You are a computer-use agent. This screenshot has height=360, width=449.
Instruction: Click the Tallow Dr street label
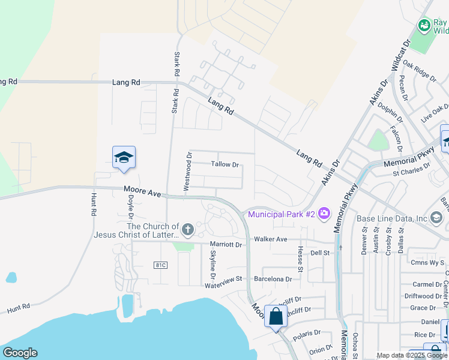pyautogui.click(x=225, y=164)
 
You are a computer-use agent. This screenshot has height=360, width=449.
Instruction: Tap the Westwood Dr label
pyautogui.click(x=188, y=172)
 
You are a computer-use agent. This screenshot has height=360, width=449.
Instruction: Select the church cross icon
pyautogui.click(x=188, y=229)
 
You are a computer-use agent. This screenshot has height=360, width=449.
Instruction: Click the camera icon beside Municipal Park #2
pyautogui.click(x=325, y=213)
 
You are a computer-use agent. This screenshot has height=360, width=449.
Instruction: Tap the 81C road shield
pyautogui.click(x=160, y=265)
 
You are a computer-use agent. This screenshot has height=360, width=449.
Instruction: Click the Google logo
pyautogui.click(x=20, y=353)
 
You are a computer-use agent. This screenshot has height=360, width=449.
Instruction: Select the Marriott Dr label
pyautogui.click(x=226, y=244)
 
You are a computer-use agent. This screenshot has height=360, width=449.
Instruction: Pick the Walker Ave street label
pyautogui.click(x=271, y=239)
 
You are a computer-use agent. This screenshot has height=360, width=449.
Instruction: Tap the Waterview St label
pyautogui.click(x=222, y=279)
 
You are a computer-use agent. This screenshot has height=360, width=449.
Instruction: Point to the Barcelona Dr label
pyautogui.click(x=273, y=279)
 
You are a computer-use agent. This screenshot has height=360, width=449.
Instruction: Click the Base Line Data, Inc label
pyautogui.click(x=391, y=218)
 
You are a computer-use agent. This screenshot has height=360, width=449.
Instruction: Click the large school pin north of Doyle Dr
pyautogui.click(x=124, y=158)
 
